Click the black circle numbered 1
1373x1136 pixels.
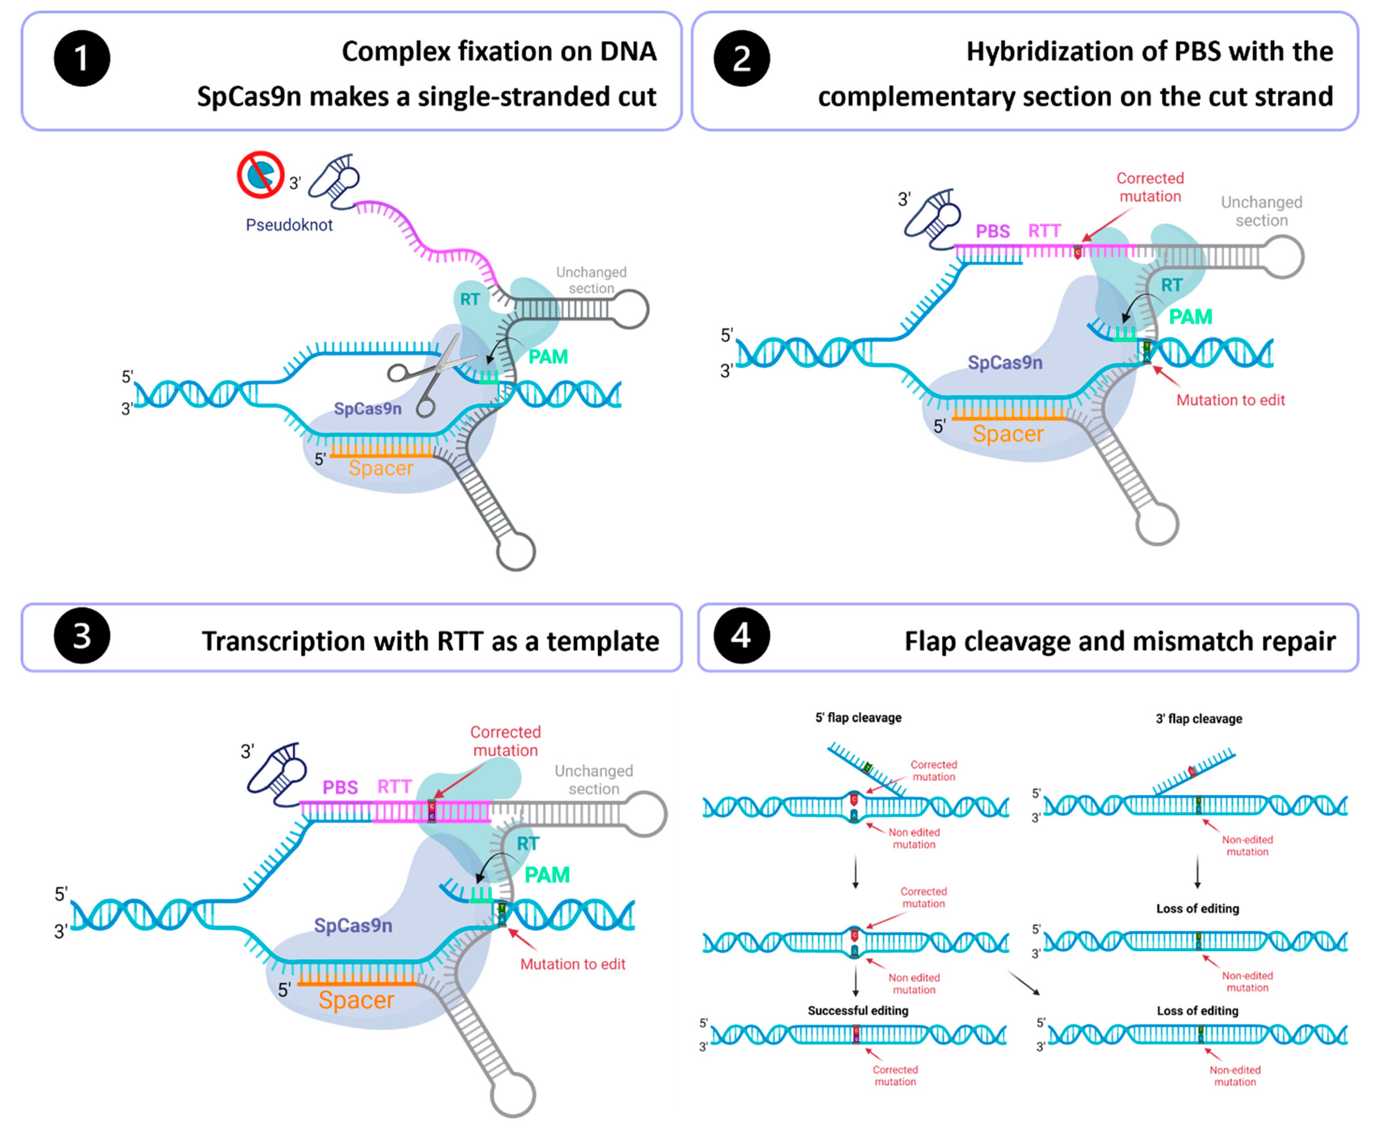[x=82, y=58]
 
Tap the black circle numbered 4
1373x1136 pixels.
[x=741, y=635]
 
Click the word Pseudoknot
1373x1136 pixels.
[x=289, y=225]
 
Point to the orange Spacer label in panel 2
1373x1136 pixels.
[x=1008, y=434]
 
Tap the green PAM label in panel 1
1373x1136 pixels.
[x=548, y=357]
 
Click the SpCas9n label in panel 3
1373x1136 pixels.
[x=353, y=925]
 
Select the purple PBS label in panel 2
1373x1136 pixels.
[x=993, y=232]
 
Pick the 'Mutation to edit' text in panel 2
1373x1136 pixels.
[x=1231, y=400]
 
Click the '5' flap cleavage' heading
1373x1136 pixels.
[x=858, y=718]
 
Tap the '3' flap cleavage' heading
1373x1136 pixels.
[x=1199, y=719]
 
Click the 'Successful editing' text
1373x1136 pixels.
[x=858, y=1010]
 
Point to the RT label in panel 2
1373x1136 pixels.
[x=1171, y=285]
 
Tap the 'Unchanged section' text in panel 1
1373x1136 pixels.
[x=591, y=280]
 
